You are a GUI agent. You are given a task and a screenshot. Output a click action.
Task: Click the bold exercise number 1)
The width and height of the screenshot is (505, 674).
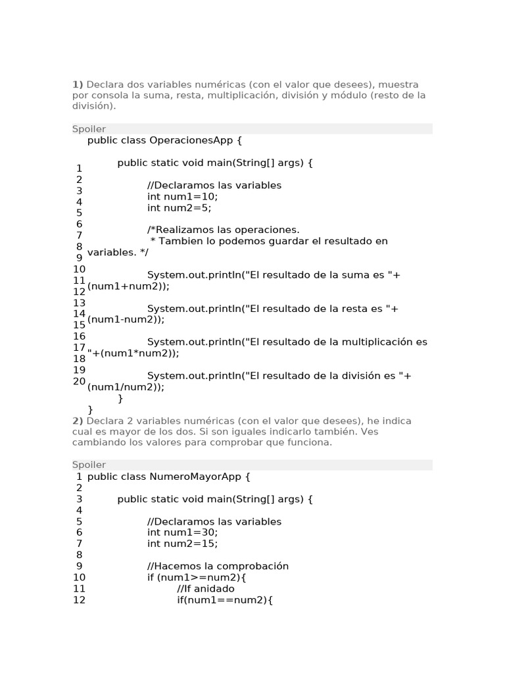pos(78,84)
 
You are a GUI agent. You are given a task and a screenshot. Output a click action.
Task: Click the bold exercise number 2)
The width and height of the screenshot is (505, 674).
pos(78,421)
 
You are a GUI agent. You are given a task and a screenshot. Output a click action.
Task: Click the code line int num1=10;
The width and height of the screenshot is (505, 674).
pos(182,196)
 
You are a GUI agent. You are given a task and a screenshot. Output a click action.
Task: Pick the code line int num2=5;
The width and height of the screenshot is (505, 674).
pos(180,207)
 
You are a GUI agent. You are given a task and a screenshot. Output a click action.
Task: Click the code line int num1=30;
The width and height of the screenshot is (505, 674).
pos(182,532)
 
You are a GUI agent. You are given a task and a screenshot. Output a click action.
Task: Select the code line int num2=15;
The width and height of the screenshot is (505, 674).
pos(182,544)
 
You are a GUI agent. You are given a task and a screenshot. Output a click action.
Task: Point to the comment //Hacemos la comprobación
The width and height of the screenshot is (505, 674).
pos(218,566)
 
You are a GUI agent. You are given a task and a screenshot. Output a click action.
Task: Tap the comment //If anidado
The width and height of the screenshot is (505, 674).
pos(206,588)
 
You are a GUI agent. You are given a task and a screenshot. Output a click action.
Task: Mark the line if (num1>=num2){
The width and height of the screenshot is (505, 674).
pos(197,577)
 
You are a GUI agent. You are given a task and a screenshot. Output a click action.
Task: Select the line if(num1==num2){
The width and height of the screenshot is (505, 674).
pos(225,600)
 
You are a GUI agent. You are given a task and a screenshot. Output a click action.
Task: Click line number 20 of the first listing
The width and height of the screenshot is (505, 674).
pos(79,381)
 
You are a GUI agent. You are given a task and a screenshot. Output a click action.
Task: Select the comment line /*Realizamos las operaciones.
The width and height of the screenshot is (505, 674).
pos(224,230)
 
